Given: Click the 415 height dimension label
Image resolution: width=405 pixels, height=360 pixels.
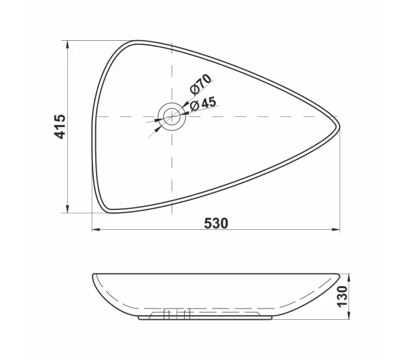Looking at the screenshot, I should pyautogui.click(x=59, y=127).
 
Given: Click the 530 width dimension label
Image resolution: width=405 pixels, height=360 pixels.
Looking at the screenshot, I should pyautogui.click(x=216, y=223).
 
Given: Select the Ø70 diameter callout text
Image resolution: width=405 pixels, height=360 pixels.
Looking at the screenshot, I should pyautogui.click(x=200, y=83).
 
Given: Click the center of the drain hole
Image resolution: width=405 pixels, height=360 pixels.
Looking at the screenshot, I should pyautogui.click(x=172, y=116).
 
